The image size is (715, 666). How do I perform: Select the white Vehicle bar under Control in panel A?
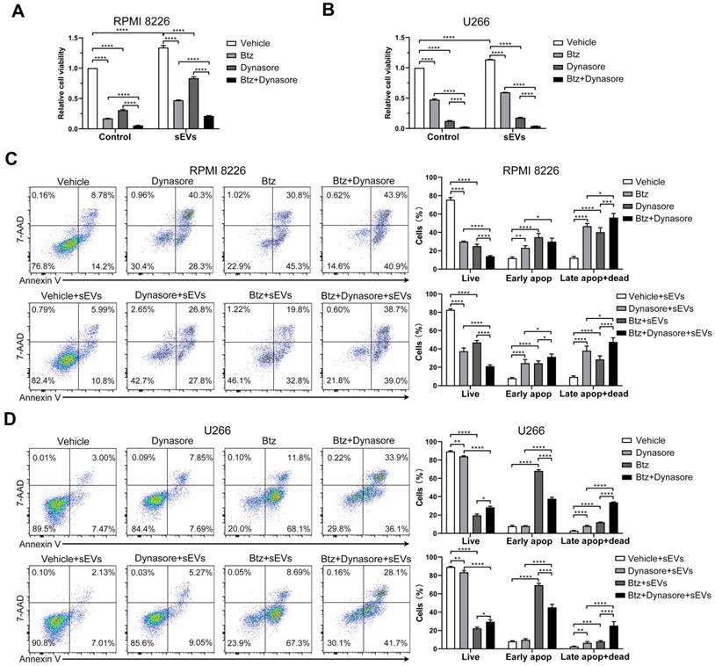tap(92, 98)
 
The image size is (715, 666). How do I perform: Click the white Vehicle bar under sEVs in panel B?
tap(490, 94)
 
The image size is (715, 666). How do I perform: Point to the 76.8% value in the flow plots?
tap(43, 267)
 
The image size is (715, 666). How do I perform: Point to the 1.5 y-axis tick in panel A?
tap(70, 38)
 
